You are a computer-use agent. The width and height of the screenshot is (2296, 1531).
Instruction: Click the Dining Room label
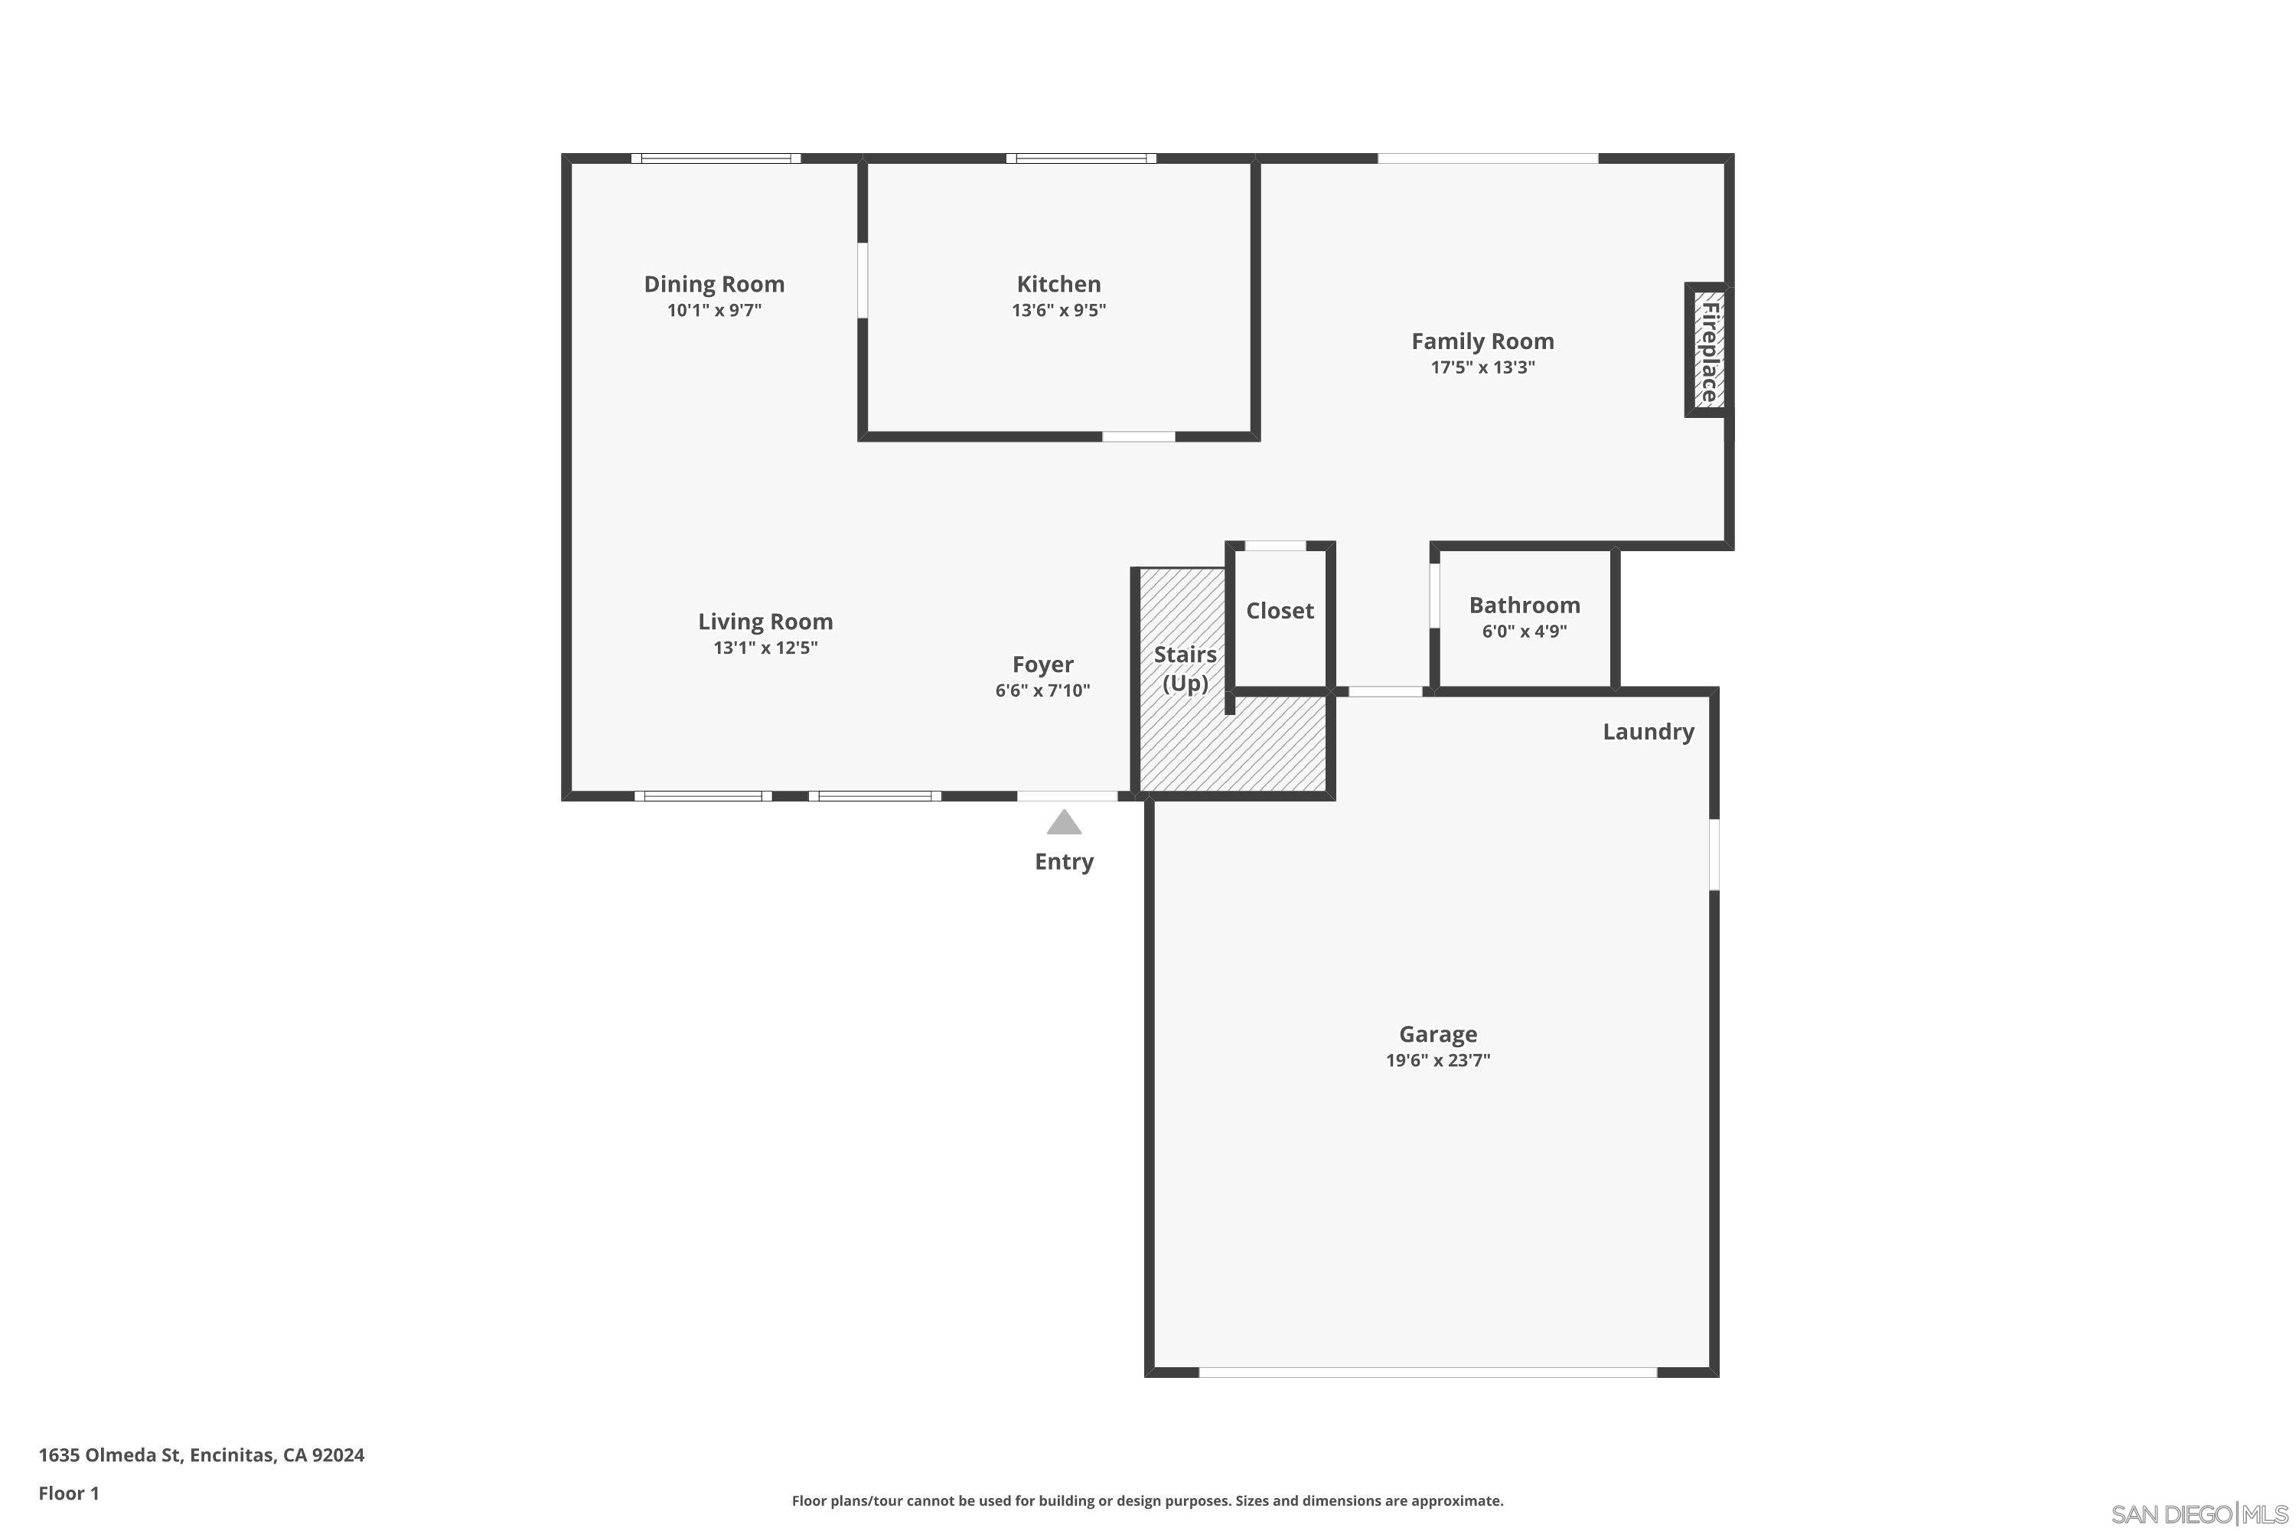pos(713,284)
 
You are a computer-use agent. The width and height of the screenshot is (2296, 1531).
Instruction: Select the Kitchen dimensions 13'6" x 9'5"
pos(1058,311)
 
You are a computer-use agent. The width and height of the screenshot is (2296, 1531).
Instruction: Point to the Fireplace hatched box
pos(1708,351)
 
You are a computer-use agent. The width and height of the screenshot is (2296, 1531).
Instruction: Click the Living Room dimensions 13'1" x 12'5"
pos(765,648)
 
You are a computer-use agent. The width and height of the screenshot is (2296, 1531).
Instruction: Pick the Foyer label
pos(1042,665)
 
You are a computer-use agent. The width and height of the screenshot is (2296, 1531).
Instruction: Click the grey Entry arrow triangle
pos(1064,822)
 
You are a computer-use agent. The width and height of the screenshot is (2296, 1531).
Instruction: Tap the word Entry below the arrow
pos(1064,861)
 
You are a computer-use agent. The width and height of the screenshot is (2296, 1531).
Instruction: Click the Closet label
pos(1280,611)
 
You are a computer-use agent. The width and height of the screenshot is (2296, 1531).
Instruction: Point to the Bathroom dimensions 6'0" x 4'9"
pos(1524,632)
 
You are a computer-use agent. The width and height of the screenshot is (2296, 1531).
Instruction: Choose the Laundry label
pos(1648,733)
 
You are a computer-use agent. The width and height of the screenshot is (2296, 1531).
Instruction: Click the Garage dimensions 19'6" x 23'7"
pos(1438,1060)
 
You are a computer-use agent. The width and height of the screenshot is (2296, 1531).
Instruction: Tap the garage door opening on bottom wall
pos(1427,1372)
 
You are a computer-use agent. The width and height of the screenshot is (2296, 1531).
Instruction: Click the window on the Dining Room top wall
pos(716,158)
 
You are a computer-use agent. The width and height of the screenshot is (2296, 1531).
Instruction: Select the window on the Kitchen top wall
pos(1081,158)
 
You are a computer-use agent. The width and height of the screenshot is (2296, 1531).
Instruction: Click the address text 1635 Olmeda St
pos(110,1455)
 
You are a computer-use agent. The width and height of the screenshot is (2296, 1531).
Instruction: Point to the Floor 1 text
pos(70,1493)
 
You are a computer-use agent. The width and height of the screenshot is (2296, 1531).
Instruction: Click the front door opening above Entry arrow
pos(1067,796)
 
